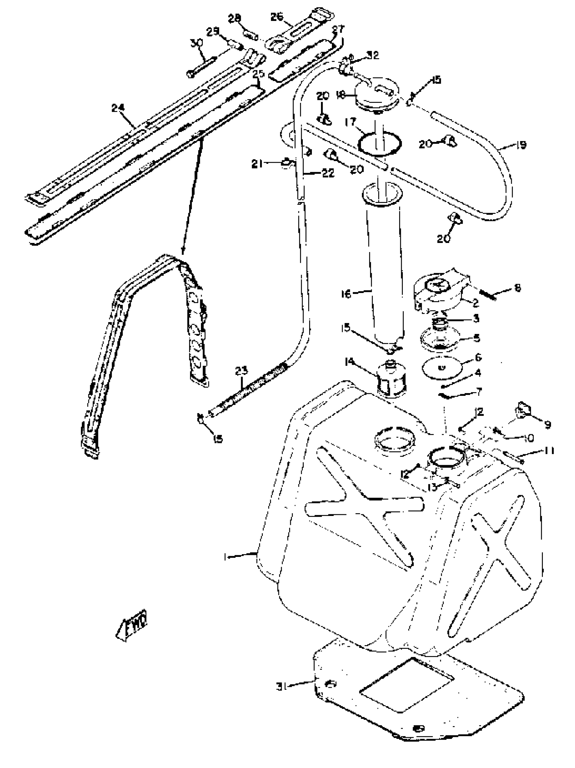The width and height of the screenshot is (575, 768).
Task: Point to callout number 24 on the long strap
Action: pyautogui.click(x=118, y=108)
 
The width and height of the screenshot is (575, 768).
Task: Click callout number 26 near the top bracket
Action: pyautogui.click(x=277, y=17)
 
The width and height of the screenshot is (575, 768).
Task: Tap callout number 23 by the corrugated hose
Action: pyautogui.click(x=241, y=371)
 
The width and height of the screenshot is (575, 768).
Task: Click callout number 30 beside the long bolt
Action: pyautogui.click(x=197, y=43)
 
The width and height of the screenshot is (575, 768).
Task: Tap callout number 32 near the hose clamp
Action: pyautogui.click(x=373, y=55)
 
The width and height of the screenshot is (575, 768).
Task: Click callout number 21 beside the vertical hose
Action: pyautogui.click(x=257, y=163)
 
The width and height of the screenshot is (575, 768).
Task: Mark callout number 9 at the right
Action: pyautogui.click(x=548, y=425)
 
